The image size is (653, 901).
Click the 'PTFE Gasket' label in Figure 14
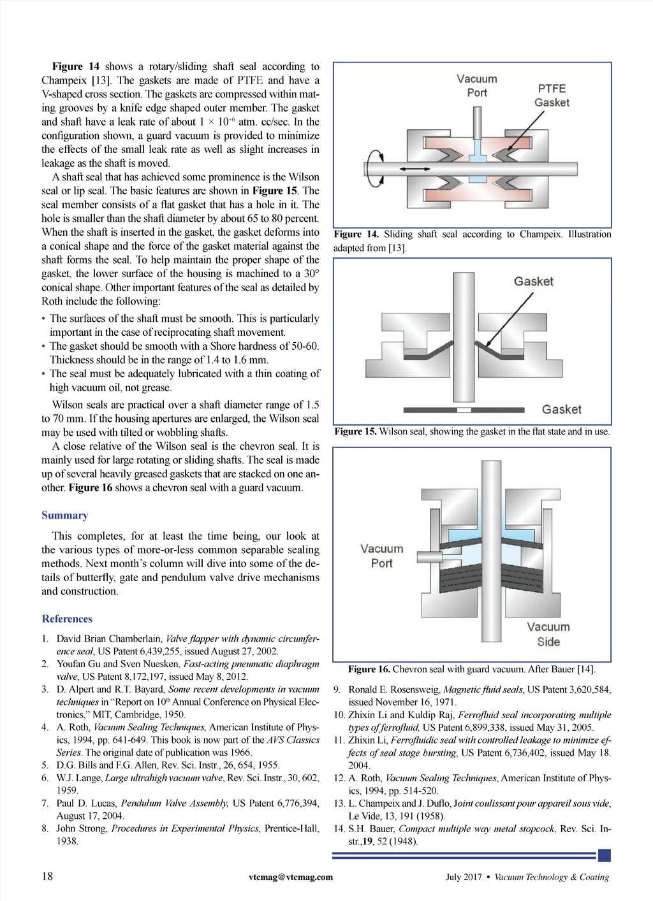click(552, 96)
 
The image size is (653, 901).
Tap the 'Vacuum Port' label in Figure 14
click(476, 85)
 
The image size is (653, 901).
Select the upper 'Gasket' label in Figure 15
click(533, 282)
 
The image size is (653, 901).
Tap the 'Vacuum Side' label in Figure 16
click(548, 634)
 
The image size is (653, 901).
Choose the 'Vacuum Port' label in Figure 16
click(381, 556)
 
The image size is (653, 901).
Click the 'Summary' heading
click(64, 515)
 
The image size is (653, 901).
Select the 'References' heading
click(66, 619)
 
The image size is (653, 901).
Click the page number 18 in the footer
click(47, 876)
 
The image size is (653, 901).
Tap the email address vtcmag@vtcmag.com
click(291, 877)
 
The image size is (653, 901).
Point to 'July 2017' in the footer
click(464, 877)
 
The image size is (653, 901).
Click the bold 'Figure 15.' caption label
click(355, 431)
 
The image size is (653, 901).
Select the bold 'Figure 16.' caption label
click(369, 669)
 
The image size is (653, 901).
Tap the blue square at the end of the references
click(605, 855)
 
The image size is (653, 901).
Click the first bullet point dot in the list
click(43, 319)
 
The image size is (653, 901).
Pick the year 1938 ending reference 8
click(67, 841)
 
